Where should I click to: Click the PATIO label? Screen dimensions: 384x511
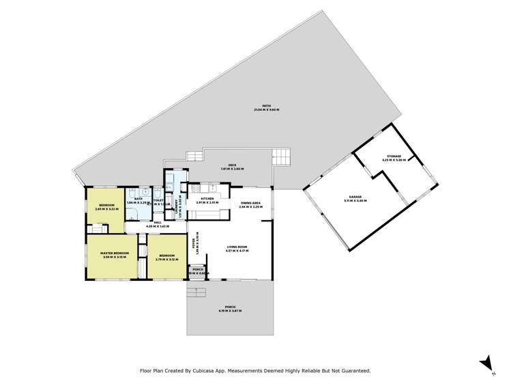point(257,106)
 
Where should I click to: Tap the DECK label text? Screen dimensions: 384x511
point(231,165)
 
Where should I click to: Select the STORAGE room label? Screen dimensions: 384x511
point(394,156)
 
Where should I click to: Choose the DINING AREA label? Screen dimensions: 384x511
point(251,202)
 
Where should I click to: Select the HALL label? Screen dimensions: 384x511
point(157,222)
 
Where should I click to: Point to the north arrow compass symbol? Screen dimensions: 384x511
point(484,362)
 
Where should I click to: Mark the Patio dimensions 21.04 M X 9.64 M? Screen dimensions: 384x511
point(257,110)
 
